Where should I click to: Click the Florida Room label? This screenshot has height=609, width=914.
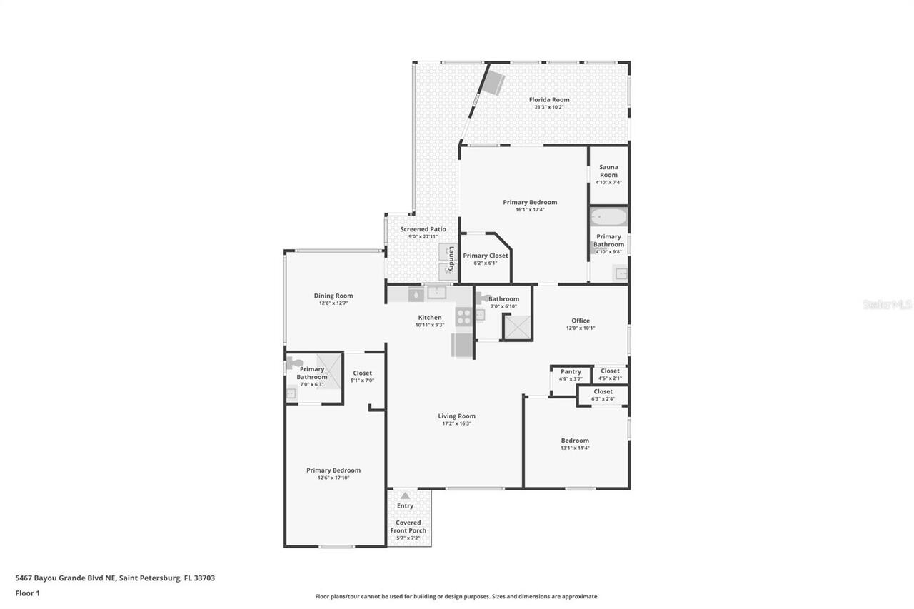[548, 100]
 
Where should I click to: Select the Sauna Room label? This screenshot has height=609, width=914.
[608, 171]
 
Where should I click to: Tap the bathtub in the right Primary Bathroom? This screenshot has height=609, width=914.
[608, 217]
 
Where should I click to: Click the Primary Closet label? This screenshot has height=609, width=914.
[486, 256]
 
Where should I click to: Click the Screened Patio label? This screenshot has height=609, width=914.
[423, 229]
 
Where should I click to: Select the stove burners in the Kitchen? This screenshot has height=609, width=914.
[463, 316]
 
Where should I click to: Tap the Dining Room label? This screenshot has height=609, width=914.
[333, 296]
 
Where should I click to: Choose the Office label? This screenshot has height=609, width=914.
[581, 321]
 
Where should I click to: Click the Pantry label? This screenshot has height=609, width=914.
[571, 371]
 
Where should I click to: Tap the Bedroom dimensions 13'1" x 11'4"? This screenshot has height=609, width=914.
[575, 448]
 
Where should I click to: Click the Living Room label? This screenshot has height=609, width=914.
[456, 416]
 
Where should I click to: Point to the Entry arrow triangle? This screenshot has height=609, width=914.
[405, 495]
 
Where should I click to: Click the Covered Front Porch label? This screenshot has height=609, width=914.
[408, 527]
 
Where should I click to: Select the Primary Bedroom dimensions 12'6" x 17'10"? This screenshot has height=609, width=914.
[333, 478]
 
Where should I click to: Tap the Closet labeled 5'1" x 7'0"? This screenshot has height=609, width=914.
[362, 373]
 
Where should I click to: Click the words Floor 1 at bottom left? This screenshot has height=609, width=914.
[27, 593]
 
